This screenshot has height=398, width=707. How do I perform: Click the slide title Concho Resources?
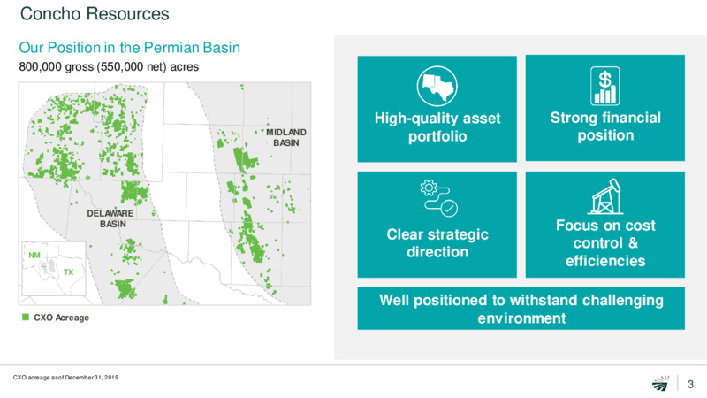click(95, 14)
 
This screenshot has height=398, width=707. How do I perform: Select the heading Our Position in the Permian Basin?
click(129, 48)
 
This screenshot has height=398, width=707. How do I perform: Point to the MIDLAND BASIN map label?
click(285, 138)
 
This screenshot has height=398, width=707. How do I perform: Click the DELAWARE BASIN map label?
click(110, 218)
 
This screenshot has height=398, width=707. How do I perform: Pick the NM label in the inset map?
click(34, 255)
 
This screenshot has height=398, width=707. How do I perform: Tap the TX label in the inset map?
click(69, 272)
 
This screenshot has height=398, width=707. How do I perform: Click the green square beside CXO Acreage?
click(26, 318)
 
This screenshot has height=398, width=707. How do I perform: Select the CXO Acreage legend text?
click(61, 318)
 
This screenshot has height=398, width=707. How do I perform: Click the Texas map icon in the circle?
click(437, 86)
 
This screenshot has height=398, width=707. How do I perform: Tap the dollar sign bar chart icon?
click(605, 86)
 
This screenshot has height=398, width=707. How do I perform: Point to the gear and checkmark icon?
click(438, 198)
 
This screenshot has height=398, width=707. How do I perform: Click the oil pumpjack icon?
click(605, 196)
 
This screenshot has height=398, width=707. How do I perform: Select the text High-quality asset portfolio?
click(437, 127)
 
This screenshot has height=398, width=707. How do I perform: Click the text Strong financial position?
click(605, 126)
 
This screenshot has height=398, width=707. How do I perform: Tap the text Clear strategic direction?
click(437, 242)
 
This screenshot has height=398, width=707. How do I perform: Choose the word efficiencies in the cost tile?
click(605, 261)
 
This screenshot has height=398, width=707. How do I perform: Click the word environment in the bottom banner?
click(521, 318)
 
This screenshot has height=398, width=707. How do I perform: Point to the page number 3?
click(690, 384)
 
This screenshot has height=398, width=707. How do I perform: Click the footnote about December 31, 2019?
click(67, 378)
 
